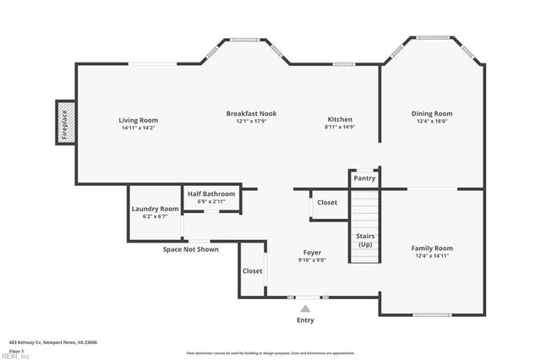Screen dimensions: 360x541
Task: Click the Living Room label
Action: (x=138, y=120)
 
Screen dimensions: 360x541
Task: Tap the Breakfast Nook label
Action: (x=251, y=113)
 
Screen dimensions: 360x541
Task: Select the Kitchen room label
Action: (x=340, y=119)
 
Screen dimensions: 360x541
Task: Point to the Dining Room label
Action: (x=432, y=113)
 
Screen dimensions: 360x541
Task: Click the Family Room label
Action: (x=432, y=248)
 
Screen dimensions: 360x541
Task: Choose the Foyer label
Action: (x=311, y=253)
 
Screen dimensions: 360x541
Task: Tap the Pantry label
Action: (x=364, y=178)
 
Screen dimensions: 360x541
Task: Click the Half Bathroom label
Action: (x=211, y=194)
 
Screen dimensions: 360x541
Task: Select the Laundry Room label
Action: (x=155, y=209)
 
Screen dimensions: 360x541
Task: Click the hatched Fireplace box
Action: (x=65, y=123)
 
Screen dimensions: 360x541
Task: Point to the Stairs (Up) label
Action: (x=365, y=239)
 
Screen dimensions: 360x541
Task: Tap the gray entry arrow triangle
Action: (x=305, y=309)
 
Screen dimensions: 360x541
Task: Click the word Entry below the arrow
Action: (x=305, y=320)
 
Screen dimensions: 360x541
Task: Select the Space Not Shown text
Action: (x=190, y=249)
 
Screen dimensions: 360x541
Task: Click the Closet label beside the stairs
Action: (x=327, y=203)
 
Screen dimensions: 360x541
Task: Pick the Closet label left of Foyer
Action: (x=252, y=271)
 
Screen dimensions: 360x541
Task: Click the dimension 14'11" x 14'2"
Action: (x=138, y=128)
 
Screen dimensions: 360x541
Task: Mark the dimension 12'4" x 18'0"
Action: (x=432, y=122)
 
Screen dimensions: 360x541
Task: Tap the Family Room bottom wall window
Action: (x=432, y=315)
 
